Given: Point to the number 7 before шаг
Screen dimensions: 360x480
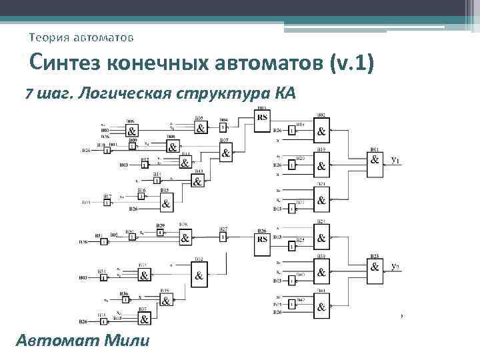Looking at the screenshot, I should pos(28,93).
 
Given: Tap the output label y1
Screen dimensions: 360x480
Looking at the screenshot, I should pos(395,160).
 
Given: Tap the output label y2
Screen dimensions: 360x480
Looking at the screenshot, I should pos(395,267).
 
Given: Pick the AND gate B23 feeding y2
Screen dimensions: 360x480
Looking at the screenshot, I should pos(375,267).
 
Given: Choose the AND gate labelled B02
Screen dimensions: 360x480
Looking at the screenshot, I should pos(321,130).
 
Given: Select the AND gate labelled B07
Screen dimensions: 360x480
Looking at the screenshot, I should pos(225,154).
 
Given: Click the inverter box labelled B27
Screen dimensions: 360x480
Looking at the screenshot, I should pos(223,237).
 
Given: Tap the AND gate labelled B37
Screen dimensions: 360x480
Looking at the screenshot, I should pos(143,319).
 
